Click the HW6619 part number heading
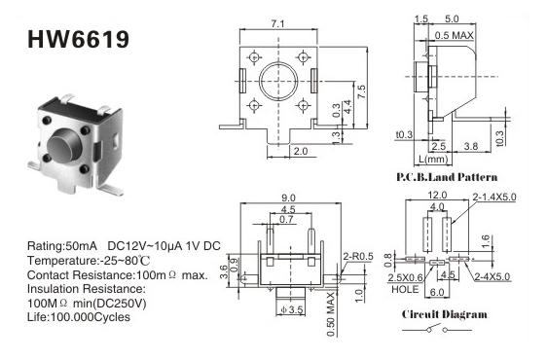pos(78,39)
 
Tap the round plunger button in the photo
pos(64,144)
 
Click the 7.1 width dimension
pos(277,23)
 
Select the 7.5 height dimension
pos(361,91)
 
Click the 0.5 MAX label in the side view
pos(455,35)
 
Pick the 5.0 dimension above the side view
pos(452,18)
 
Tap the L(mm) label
pos(433,159)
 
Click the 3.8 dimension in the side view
pos(471,146)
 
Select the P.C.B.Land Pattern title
pos(447,177)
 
